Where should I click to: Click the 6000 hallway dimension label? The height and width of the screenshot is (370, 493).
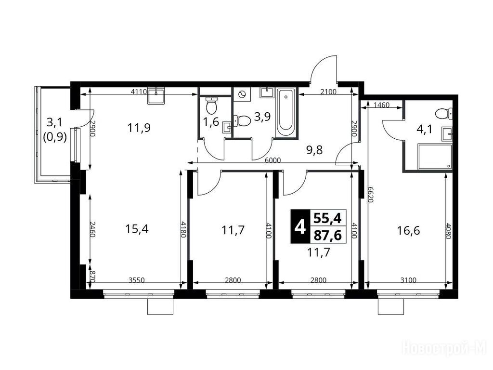point(272,160)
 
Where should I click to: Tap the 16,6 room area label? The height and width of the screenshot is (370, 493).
point(408,231)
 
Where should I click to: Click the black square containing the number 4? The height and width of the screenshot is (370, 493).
point(300,226)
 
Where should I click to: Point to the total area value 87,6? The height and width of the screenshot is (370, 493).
point(328,235)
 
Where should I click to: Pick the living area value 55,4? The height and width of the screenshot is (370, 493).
point(328,218)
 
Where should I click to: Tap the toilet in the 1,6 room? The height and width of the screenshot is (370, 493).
point(212,106)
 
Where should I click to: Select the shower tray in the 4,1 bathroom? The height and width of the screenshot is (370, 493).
point(435,157)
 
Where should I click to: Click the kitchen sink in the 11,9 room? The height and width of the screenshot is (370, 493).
point(156,96)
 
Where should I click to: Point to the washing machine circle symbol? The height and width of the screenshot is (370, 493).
point(242,94)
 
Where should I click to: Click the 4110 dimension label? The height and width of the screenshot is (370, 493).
point(139,92)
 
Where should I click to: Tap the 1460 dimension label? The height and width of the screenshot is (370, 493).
point(382,105)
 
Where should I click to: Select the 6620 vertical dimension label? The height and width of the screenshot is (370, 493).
point(370,195)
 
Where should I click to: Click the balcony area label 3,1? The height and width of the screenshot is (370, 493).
point(55,122)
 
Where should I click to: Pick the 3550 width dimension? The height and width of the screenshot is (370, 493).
point(137,280)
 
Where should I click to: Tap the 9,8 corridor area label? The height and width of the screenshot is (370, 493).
point(314,150)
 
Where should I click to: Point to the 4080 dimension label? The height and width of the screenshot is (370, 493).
point(448,231)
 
